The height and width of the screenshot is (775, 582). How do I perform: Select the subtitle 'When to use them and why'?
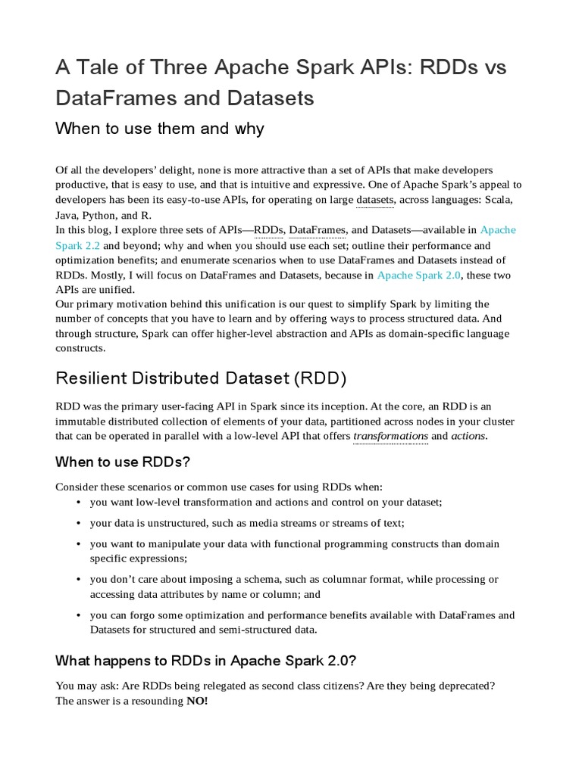[x=160, y=128]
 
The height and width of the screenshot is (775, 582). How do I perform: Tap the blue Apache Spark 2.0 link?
[x=418, y=275]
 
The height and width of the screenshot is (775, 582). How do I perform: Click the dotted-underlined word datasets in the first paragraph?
[x=374, y=200]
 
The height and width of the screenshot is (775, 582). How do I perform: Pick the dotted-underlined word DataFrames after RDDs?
[x=318, y=230]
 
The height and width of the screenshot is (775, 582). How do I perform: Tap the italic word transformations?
[x=391, y=436]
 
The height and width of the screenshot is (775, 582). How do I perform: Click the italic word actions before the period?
[x=468, y=436]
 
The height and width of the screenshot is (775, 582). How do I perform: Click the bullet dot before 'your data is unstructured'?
[x=80, y=523]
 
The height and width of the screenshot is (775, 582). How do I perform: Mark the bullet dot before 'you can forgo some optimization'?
[x=80, y=615]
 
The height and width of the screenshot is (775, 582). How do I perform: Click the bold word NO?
[x=197, y=701]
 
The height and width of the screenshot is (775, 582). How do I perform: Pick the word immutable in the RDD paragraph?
[x=80, y=422]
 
